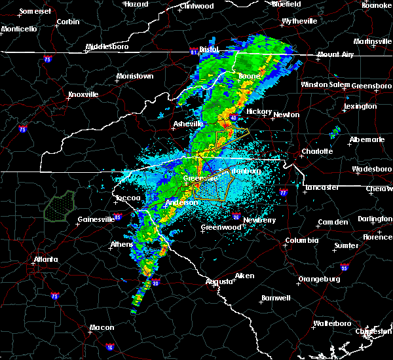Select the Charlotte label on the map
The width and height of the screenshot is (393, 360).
tap(317, 151)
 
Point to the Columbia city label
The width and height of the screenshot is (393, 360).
tap(301, 240)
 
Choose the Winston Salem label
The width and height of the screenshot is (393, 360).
tap(326, 85)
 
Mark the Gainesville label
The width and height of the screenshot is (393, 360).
tap(96, 219)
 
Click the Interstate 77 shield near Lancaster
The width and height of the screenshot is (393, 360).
tap(283, 193)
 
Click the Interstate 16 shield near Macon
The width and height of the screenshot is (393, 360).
tap(109, 346)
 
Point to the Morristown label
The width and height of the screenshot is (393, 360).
tap(135, 77)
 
